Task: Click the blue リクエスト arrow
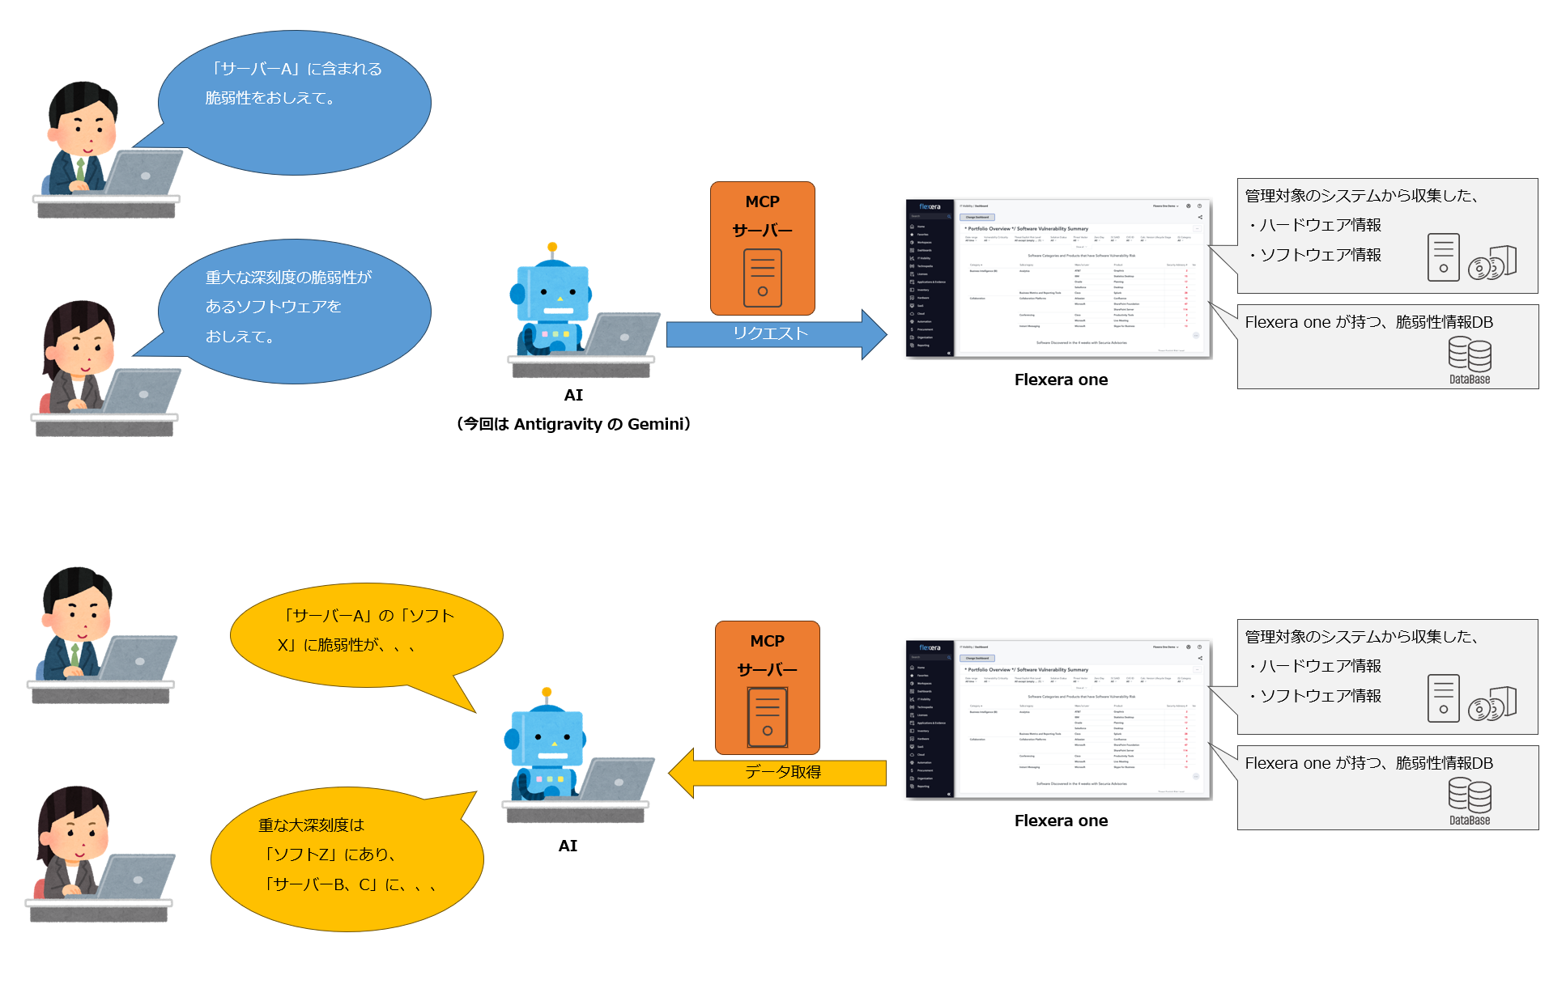[x=769, y=333]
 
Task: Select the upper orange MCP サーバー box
[x=762, y=248]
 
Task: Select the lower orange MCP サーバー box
[x=767, y=687]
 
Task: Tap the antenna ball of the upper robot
[x=552, y=247]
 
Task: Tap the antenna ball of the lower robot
[x=547, y=693]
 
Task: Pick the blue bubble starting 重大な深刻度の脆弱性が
[x=294, y=311]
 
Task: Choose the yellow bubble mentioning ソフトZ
[x=347, y=858]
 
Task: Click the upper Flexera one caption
[x=1061, y=380]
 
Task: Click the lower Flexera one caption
[x=1061, y=821]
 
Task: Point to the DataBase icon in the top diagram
[x=1469, y=360]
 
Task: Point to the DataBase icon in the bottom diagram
[x=1469, y=801]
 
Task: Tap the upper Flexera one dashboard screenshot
[x=1058, y=278]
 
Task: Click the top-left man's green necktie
[x=80, y=169]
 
